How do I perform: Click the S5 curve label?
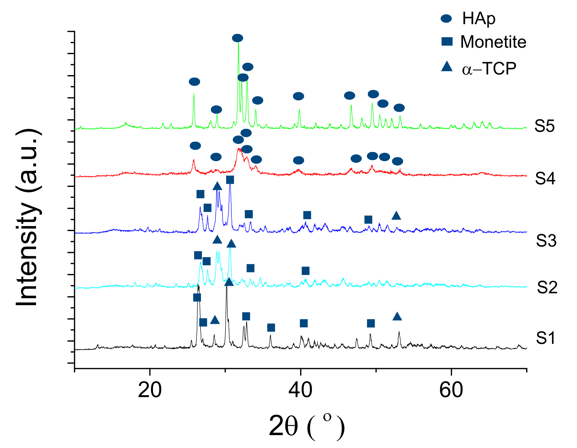[545, 126]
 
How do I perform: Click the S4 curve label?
[545, 179]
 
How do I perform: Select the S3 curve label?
[546, 240]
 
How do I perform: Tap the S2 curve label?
[547, 287]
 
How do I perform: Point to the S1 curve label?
[546, 338]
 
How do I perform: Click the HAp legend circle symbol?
[446, 18]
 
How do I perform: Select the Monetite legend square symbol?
[447, 42]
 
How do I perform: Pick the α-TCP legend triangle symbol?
[447, 67]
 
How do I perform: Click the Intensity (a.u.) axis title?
[28, 218]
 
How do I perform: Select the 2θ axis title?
[306, 426]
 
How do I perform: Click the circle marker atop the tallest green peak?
[238, 38]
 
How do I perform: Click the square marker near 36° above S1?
[271, 328]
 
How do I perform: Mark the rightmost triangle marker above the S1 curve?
[397, 317]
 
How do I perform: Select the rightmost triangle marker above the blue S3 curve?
[396, 216]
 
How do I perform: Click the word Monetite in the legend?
[493, 42]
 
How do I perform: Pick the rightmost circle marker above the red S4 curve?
[398, 161]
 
